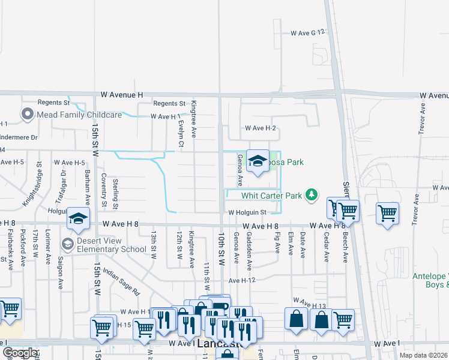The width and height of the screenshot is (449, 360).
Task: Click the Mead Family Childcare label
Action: click(x=79, y=114)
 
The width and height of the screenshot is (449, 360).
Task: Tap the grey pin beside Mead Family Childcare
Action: click(x=27, y=114)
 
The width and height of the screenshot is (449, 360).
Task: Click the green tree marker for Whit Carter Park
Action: click(x=311, y=194)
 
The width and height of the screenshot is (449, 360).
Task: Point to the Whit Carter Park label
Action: click(x=271, y=195)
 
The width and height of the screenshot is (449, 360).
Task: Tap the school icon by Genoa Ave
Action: click(x=258, y=161)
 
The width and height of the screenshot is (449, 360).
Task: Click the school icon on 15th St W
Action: click(x=78, y=220)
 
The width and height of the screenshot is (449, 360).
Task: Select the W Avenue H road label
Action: click(x=122, y=95)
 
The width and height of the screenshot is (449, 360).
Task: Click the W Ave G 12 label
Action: click(x=307, y=33)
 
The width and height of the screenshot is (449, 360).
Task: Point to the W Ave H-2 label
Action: click(x=260, y=128)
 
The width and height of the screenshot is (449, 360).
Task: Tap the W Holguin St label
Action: click(x=247, y=212)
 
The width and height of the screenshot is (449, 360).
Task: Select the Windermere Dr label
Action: click(x=19, y=137)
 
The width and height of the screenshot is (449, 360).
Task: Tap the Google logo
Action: click(x=20, y=353)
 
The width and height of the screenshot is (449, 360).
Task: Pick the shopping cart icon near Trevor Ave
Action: click(x=387, y=214)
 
